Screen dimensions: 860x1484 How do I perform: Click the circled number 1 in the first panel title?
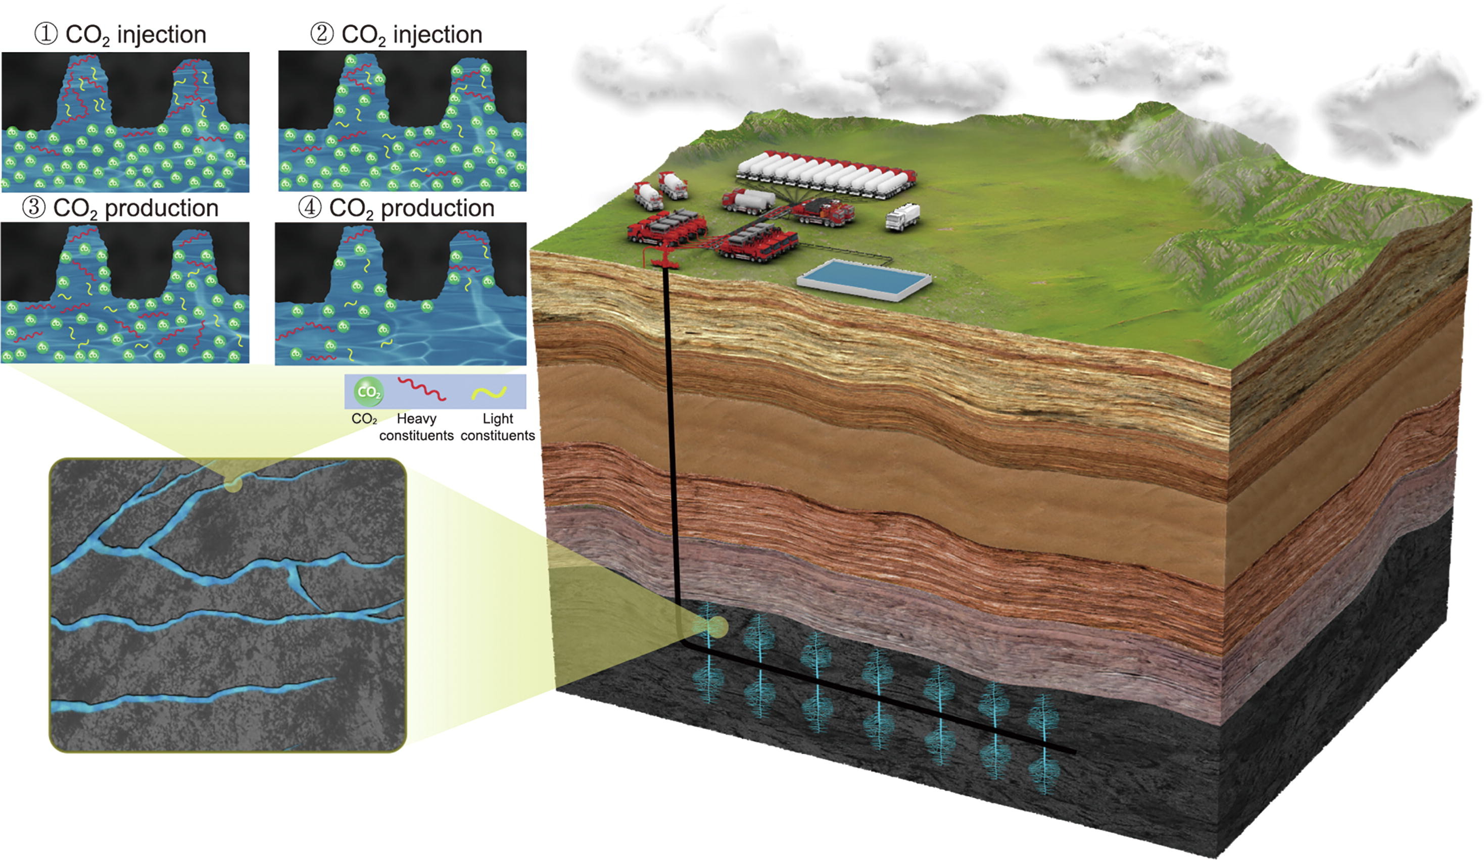pos(46,34)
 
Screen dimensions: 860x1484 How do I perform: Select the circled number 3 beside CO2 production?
pos(33,207)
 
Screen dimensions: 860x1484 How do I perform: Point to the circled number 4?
pos(310,207)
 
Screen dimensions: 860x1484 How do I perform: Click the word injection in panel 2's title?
pos(438,35)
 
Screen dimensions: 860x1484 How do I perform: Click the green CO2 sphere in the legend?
pos(369,392)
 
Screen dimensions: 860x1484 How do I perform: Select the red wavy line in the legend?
pos(421,389)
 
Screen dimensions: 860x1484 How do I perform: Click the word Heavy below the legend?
pos(416,419)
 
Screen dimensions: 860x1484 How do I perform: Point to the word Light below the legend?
pos(498,419)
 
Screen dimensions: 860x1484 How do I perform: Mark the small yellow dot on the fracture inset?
pos(233,484)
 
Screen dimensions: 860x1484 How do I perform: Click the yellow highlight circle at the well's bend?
pos(710,628)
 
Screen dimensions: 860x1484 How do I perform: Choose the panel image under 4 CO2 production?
pos(401,294)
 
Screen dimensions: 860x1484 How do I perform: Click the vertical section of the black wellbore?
pos(672,441)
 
